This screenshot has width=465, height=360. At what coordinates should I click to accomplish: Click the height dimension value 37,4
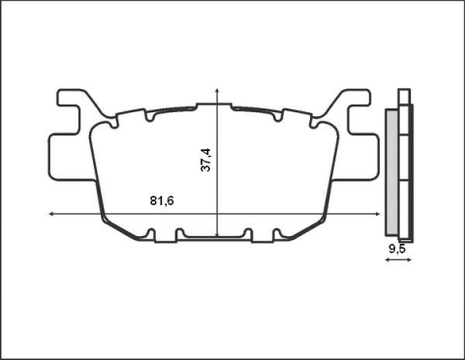click(205, 161)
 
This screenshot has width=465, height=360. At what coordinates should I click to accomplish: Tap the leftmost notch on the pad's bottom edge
click(154, 232)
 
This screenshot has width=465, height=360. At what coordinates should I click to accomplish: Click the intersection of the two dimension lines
click(218, 212)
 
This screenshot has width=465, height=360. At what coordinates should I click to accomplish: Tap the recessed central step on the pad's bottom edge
click(215, 237)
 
